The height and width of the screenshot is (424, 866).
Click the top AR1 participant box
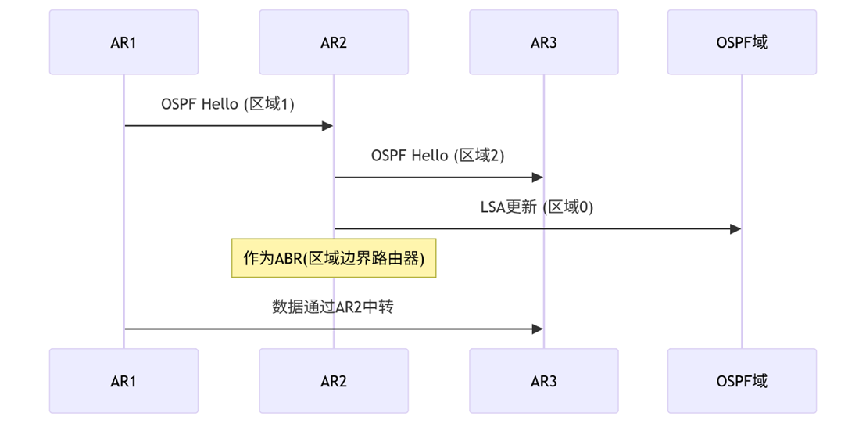click(123, 42)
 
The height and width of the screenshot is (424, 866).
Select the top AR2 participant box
click(334, 42)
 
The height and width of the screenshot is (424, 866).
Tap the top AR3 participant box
click(543, 42)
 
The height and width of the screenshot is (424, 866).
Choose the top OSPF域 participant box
click(742, 42)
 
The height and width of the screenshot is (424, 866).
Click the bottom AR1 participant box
click(123, 381)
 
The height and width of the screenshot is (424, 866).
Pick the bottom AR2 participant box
click(334, 381)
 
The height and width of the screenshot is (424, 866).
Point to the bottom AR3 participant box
click(543, 381)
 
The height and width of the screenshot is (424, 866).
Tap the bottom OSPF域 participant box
click(742, 381)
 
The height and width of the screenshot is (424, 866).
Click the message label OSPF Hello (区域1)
click(228, 104)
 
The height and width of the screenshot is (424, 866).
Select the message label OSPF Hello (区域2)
click(438, 156)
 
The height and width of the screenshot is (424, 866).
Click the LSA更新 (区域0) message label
click(537, 207)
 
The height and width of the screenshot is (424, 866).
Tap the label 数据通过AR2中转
click(333, 307)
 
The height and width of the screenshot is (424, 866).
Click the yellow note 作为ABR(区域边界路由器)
click(334, 258)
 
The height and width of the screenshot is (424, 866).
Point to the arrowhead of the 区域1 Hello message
click(328, 126)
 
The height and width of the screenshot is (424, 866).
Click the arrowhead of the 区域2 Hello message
click(538, 178)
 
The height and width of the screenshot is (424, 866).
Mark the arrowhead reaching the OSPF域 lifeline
click(735, 229)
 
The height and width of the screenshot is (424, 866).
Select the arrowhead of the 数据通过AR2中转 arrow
click(538, 329)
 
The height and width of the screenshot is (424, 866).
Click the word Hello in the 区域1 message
click(220, 104)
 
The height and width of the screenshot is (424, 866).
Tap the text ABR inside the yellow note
click(288, 259)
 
